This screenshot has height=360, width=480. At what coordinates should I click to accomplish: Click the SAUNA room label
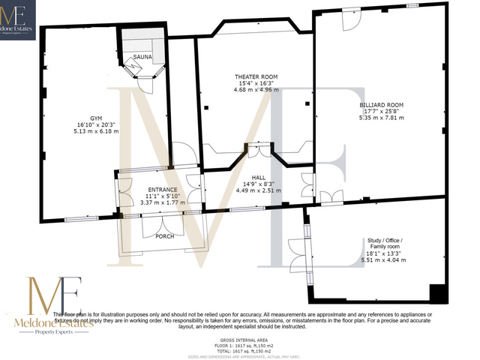(143, 57)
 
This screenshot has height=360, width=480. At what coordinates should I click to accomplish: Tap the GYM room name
(97, 118)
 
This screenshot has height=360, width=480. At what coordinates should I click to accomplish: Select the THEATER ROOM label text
(256, 77)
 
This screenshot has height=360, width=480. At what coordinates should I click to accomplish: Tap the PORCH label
(164, 236)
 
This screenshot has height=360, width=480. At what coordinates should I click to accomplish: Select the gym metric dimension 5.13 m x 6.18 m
(97, 131)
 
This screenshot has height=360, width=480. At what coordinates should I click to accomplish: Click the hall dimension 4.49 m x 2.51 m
(258, 190)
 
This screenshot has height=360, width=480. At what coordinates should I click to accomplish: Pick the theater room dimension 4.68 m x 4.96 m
(256, 91)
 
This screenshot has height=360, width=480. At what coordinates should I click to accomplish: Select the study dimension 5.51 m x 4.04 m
(384, 259)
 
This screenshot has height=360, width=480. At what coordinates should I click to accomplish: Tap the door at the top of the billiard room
(349, 22)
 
